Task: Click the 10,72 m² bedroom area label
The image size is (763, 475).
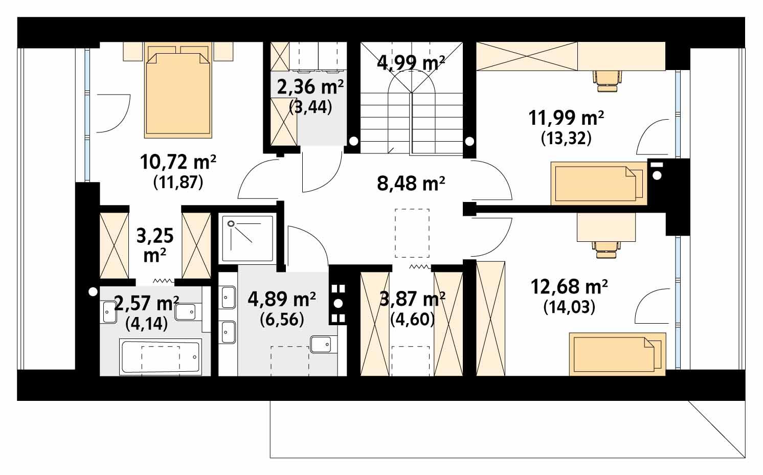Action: pos(178,163)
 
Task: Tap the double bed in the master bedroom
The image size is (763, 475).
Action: pos(178,92)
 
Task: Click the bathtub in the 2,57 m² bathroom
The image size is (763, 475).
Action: pos(160,356)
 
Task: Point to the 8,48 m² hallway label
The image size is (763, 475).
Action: pos(411,183)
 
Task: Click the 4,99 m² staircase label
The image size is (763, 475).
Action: pos(411,62)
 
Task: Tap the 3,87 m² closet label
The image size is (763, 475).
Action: pos(412,299)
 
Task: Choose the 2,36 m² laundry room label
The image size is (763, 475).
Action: pos(310,87)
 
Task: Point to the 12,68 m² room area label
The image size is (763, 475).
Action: pos(569,287)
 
